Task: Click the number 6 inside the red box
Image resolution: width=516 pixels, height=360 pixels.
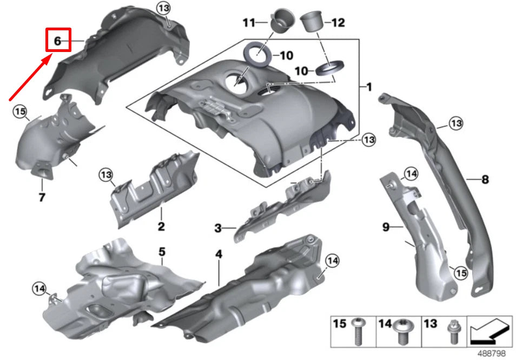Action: pos(58,40)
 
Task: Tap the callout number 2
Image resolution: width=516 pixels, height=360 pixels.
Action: pos(161,226)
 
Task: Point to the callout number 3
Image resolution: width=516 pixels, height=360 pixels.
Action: pos(217,229)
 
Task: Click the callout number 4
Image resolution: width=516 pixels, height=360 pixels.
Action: pos(219,254)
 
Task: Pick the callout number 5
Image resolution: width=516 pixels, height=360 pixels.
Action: pos(161,252)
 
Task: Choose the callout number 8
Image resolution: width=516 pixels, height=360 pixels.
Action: pos(485,178)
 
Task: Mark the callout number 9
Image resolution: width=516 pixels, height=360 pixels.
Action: pos(386,228)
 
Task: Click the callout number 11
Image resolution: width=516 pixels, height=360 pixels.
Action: pos(248,23)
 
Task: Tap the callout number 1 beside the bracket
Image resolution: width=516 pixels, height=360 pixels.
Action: pos(369,87)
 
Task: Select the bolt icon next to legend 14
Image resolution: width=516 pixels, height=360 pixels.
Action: pos(402,331)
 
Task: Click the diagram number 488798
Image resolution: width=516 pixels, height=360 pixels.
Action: pos(491,353)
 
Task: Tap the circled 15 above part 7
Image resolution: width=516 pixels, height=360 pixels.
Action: pos(20,112)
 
